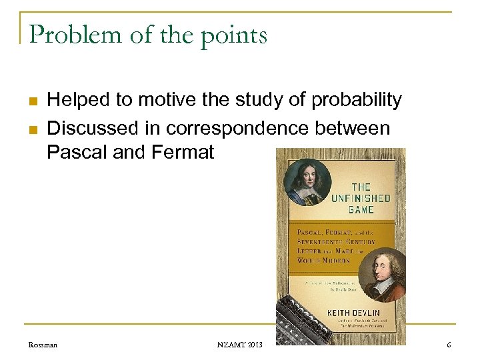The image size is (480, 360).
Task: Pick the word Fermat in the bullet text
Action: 183,153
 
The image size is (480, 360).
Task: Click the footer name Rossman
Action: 43,345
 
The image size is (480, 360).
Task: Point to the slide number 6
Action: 449,345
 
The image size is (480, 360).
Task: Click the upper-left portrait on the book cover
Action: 307,181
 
